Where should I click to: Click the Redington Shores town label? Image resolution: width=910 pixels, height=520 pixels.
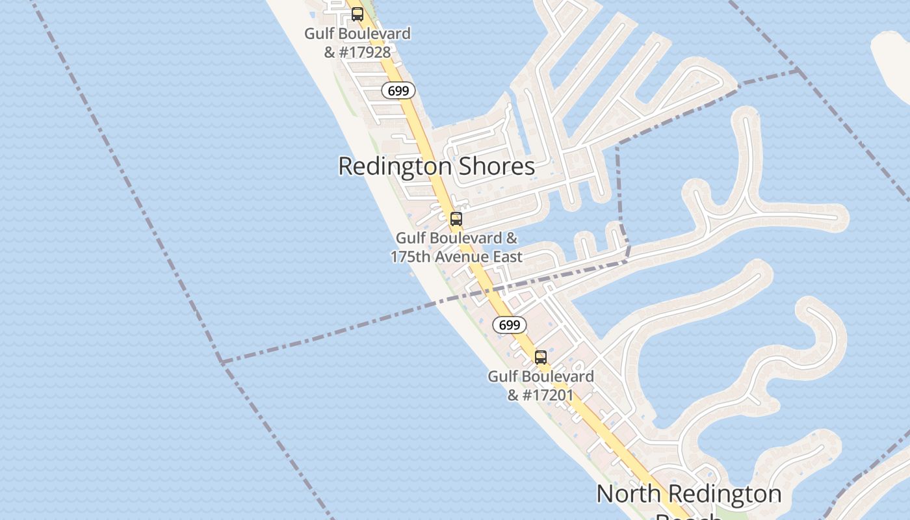coord(436,166)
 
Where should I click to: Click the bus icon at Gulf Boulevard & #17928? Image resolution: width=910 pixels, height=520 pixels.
coord(357,14)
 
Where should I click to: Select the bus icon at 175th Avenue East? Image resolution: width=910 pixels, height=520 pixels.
coord(456,219)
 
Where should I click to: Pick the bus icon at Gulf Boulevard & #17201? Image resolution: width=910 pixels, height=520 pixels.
coord(541,357)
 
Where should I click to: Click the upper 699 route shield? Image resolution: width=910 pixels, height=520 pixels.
coord(398,91)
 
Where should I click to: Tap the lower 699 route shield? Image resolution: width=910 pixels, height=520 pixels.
coord(509,325)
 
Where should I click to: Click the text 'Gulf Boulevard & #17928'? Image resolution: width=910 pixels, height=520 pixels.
coord(357,42)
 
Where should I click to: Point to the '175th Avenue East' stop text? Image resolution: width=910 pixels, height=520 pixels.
coord(456,256)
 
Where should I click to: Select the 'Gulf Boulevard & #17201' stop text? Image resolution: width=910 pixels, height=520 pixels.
coord(541,385)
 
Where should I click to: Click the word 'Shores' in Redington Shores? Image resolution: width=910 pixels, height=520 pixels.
coord(497,166)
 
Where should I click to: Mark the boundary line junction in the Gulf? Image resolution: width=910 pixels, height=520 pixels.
coord(221,361)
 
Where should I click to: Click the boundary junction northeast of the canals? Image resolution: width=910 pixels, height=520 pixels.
coord(798,70)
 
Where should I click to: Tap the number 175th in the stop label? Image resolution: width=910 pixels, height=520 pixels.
coord(410,257)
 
